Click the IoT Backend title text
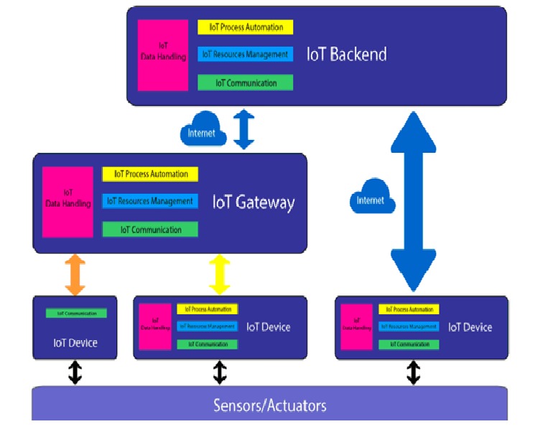coord(346,54)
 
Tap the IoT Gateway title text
coord(254,202)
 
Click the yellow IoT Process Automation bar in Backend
coord(246,27)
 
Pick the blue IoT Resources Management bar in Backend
coord(246,54)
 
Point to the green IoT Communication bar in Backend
coord(246,83)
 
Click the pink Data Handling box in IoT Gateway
coord(68,202)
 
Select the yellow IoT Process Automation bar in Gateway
coord(150,174)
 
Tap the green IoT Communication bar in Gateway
coord(150,230)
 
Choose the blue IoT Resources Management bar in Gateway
coord(150,202)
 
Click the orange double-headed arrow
coord(75,275)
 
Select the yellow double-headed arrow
coord(220,274)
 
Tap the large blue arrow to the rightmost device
coord(414,201)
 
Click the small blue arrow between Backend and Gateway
coord(244,130)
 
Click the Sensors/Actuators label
coord(270,405)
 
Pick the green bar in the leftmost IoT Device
coord(76,314)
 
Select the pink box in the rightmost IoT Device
coord(357,327)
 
